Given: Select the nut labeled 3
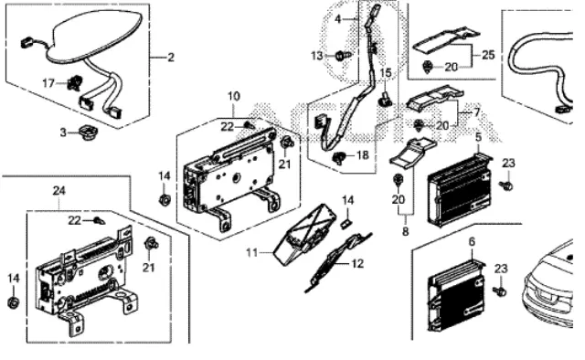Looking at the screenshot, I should click(x=84, y=135).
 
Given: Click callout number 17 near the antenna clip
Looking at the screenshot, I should click(x=49, y=83).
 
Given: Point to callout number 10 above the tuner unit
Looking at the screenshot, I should click(x=233, y=95).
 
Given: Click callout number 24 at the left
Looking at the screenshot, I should click(x=59, y=190).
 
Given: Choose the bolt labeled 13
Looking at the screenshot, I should click(x=341, y=57).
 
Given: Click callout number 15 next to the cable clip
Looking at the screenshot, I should click(x=385, y=72).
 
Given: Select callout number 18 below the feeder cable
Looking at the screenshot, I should click(x=362, y=156).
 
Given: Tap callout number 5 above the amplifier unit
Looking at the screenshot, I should click(x=477, y=136).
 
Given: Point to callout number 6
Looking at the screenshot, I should click(x=472, y=241).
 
